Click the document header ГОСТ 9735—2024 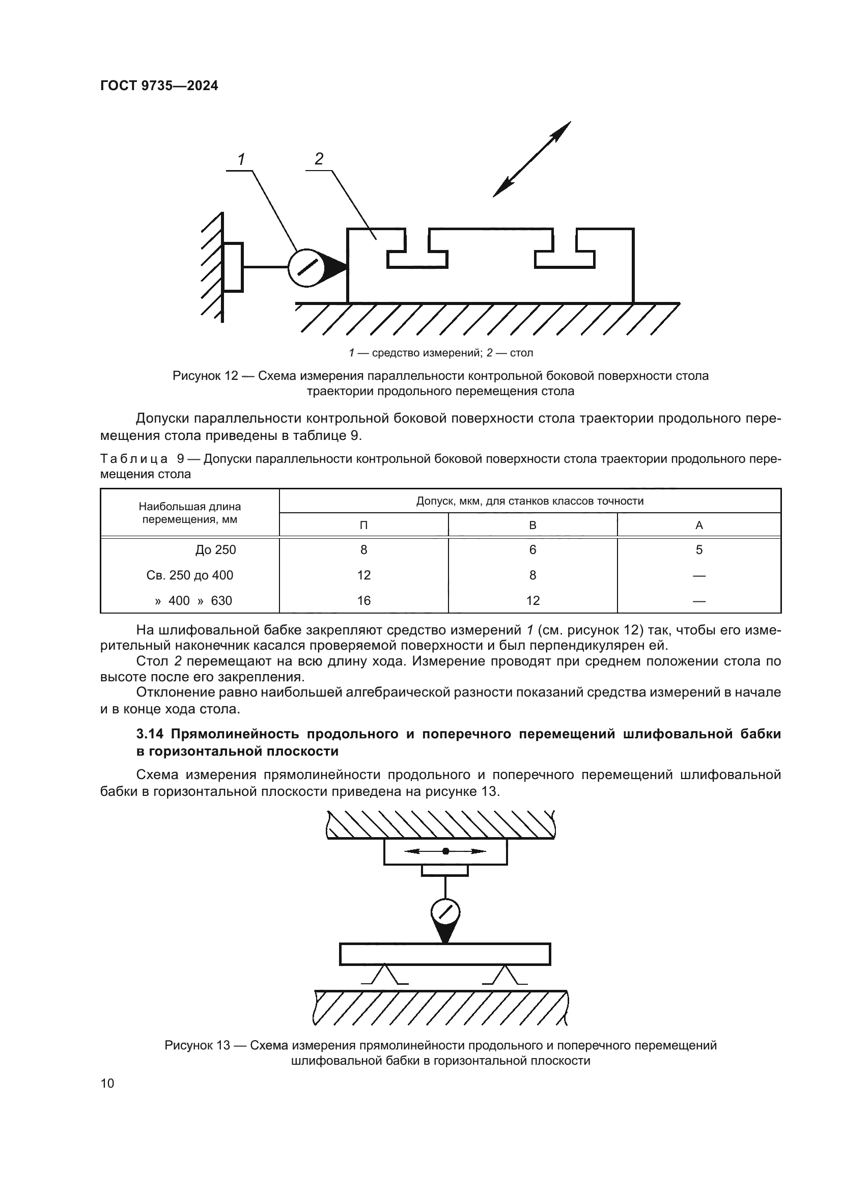(159, 86)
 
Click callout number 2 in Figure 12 (319, 159)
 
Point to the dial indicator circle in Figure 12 (306, 268)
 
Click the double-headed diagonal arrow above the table (531, 159)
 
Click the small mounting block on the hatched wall (233, 267)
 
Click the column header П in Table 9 (363, 525)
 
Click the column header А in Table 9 (698, 525)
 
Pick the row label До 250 (215, 550)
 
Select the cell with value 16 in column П (363, 601)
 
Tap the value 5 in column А (698, 550)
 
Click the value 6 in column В (532, 550)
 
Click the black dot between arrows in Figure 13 (445, 851)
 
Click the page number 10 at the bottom (107, 1083)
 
